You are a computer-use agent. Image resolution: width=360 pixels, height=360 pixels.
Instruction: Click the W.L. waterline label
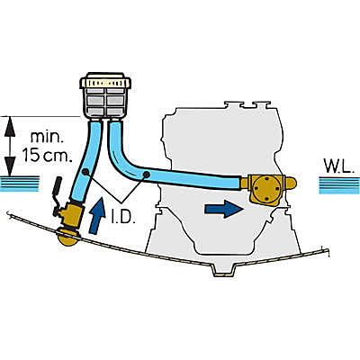click(337, 166)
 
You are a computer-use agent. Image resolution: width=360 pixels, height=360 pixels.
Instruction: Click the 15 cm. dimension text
click(48, 155)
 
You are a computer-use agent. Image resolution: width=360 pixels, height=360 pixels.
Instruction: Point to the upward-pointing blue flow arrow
click(96, 215)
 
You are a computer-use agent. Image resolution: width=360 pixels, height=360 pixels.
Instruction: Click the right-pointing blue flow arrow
click(223, 209)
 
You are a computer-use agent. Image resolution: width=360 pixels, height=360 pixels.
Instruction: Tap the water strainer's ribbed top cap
click(105, 80)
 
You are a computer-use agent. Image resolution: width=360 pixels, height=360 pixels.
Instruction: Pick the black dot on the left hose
click(85, 172)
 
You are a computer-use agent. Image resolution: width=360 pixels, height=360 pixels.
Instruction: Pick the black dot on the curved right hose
click(146, 175)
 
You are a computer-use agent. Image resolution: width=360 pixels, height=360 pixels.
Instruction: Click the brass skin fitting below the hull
click(67, 238)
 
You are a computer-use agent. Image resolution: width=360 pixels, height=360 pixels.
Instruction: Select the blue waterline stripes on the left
click(20, 184)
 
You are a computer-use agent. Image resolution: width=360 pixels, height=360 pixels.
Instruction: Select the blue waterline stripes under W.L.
click(339, 185)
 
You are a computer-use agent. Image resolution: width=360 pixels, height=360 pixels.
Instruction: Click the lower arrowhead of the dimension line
click(11, 166)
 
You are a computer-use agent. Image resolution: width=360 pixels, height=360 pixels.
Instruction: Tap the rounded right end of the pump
click(292, 183)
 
